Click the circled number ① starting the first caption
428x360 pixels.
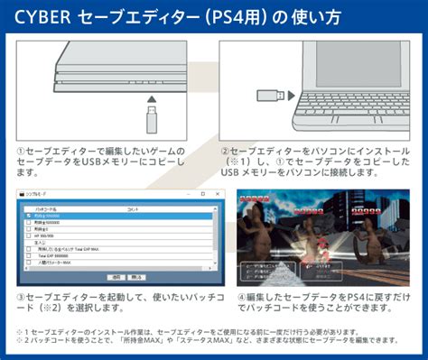(21, 151)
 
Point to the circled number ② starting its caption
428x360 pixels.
(225, 151)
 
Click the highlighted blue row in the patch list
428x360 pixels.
(117, 217)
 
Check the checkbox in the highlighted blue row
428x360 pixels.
(28, 217)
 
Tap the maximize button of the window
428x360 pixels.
(202, 194)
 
